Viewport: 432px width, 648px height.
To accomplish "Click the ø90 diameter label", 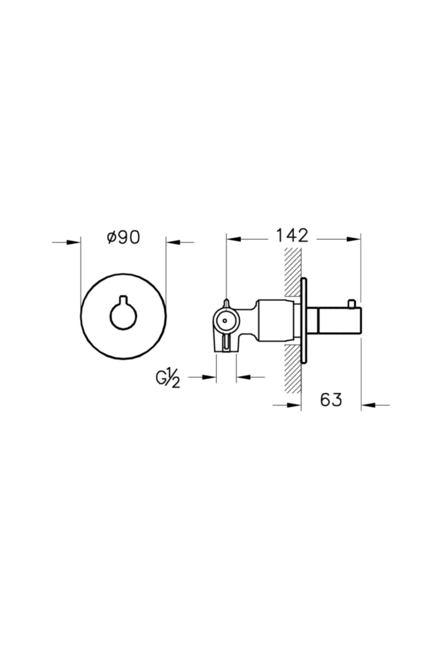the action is click(123, 237).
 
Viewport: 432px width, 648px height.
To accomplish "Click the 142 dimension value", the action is click(292, 235).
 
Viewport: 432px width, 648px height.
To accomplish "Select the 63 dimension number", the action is click(331, 399).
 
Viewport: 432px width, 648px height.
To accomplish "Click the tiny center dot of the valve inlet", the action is click(225, 320).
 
